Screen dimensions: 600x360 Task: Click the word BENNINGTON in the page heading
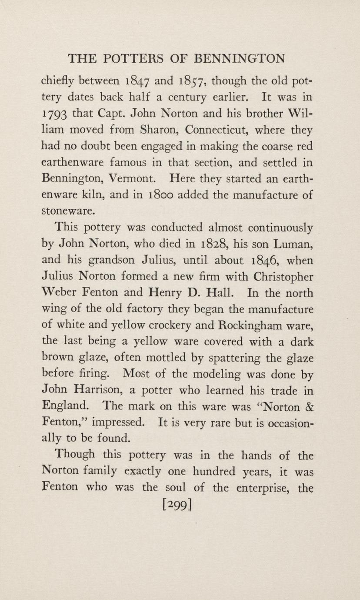tap(239, 58)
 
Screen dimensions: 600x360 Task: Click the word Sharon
tap(150, 131)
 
